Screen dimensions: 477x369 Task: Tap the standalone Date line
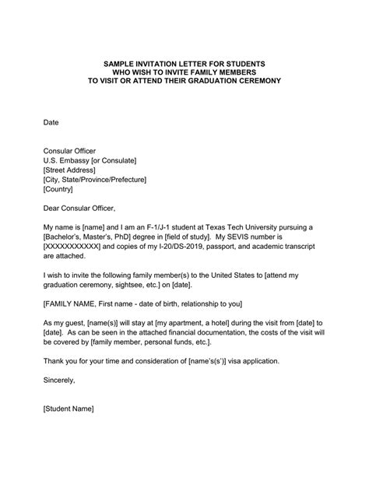tap(51, 123)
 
